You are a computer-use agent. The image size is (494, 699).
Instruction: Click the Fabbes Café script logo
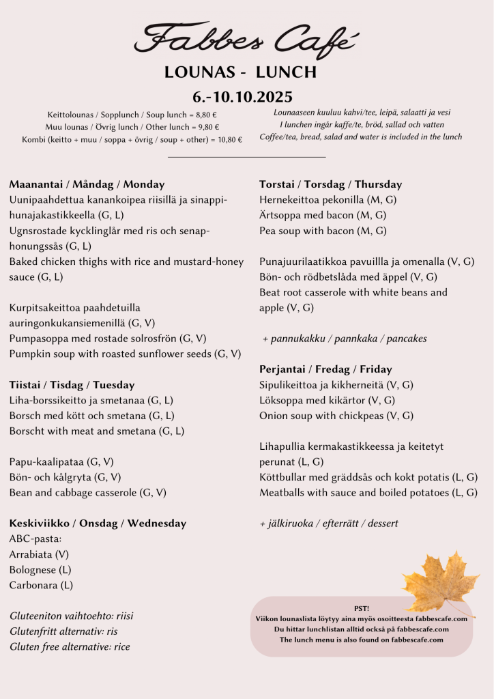pyautogui.click(x=246, y=38)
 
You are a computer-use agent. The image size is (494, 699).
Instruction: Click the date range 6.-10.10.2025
pyautogui.click(x=243, y=97)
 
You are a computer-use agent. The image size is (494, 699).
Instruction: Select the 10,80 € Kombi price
pyautogui.click(x=229, y=140)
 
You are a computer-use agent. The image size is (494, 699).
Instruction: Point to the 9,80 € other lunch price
pyautogui.click(x=207, y=127)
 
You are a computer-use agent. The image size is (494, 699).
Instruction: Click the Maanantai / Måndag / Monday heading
pyautogui.click(x=87, y=184)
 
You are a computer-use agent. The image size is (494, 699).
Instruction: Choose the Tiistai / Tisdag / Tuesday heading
pyautogui.click(x=72, y=385)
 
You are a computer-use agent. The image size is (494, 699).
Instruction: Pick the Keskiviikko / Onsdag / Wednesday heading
pyautogui.click(x=98, y=524)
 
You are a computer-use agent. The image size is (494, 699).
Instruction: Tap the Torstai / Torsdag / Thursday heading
pyautogui.click(x=330, y=184)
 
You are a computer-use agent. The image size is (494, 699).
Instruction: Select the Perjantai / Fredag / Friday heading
pyautogui.click(x=325, y=369)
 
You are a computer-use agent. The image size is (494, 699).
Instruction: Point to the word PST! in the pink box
pyautogui.click(x=362, y=608)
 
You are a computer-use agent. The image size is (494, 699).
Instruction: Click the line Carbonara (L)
pyautogui.click(x=41, y=585)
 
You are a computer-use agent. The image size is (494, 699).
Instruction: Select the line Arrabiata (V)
pyautogui.click(x=39, y=554)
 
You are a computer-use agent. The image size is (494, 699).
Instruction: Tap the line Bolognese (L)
pyautogui.click(x=40, y=570)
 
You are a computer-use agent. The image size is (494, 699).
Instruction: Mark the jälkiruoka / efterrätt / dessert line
pyautogui.click(x=329, y=524)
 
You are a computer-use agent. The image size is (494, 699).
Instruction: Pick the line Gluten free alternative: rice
pyautogui.click(x=70, y=646)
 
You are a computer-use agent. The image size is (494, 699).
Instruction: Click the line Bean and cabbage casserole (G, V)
pyautogui.click(x=88, y=492)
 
